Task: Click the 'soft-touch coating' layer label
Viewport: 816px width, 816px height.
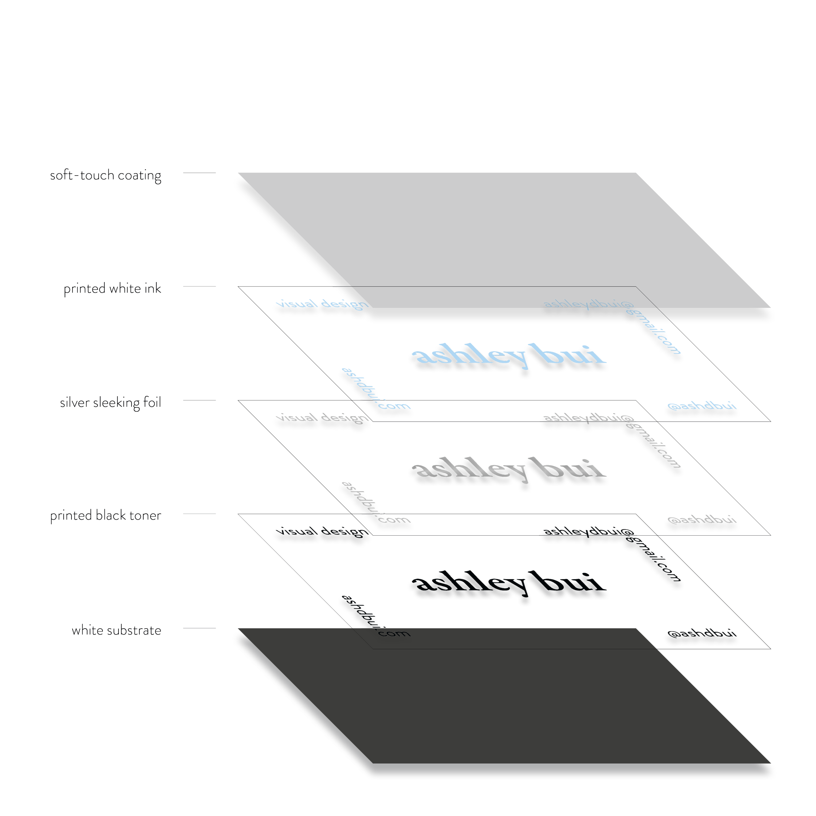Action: point(105,176)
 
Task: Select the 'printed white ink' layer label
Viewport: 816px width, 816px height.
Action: point(112,289)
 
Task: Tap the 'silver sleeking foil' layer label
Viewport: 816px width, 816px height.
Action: point(110,403)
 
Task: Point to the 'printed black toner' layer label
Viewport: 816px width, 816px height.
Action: point(106,516)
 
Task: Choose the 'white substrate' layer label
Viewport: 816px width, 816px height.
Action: point(116,631)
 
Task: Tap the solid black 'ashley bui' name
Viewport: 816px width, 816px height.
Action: point(507,585)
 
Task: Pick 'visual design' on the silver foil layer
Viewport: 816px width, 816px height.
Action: point(320,420)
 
